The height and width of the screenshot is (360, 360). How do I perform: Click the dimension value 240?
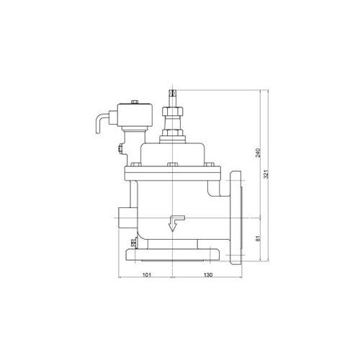(258, 153)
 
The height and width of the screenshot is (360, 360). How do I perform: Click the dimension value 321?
(266, 174)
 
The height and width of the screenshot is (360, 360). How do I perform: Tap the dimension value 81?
(258, 238)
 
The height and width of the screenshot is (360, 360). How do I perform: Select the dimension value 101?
(147, 275)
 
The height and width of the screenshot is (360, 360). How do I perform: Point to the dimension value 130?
(208, 275)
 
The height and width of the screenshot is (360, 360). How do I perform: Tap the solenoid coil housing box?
(135, 115)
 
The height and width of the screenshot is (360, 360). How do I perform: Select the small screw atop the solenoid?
(135, 102)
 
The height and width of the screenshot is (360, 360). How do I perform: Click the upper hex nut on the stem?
(173, 112)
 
